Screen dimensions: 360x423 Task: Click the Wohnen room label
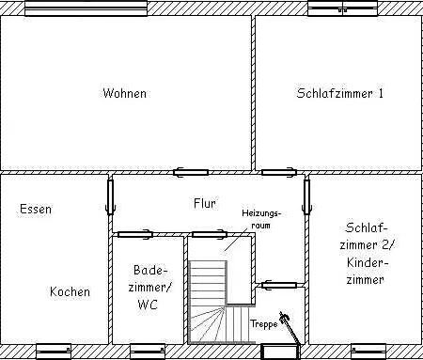tap(125, 93)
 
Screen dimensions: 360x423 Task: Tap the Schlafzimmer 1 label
tap(340, 93)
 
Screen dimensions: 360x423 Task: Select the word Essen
tap(36, 209)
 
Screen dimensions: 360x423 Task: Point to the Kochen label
tap(70, 291)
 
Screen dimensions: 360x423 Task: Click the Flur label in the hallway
tap(205, 202)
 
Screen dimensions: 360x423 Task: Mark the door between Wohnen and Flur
tap(191, 172)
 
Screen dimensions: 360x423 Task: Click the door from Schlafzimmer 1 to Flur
tap(279, 172)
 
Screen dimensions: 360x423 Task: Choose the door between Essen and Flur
tap(111, 196)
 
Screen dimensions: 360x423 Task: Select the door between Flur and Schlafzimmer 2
tap(306, 197)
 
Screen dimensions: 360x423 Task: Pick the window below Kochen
tap(54, 351)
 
